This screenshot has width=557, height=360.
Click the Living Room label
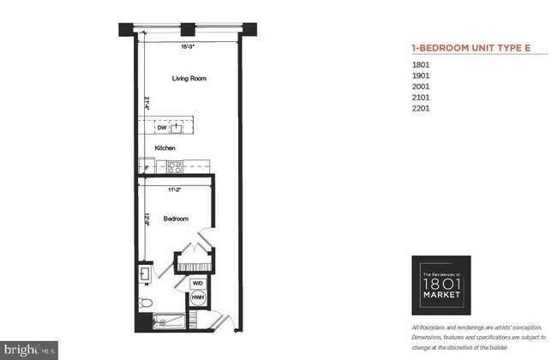coord(189,79)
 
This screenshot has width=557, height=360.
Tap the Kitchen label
coord(165,147)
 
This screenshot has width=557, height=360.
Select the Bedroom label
coord(176,218)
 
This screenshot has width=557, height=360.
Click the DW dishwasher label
coord(161,129)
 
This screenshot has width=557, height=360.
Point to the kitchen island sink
coord(177,129)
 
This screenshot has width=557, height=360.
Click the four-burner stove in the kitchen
coord(174,167)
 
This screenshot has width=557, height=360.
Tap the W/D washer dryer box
coord(197,282)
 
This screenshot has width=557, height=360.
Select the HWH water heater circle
coord(197,299)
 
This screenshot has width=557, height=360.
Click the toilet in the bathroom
coord(145,302)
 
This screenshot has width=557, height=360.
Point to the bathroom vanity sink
coord(144,275)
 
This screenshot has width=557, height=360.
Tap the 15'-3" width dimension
coord(188,47)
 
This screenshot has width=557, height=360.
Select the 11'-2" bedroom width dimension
coord(174,189)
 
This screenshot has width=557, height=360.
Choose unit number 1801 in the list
coord(422,64)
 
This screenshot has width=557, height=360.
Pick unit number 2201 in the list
coord(422,109)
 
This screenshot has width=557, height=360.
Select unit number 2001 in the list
coord(422,87)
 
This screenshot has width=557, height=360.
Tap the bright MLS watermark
coord(29,349)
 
